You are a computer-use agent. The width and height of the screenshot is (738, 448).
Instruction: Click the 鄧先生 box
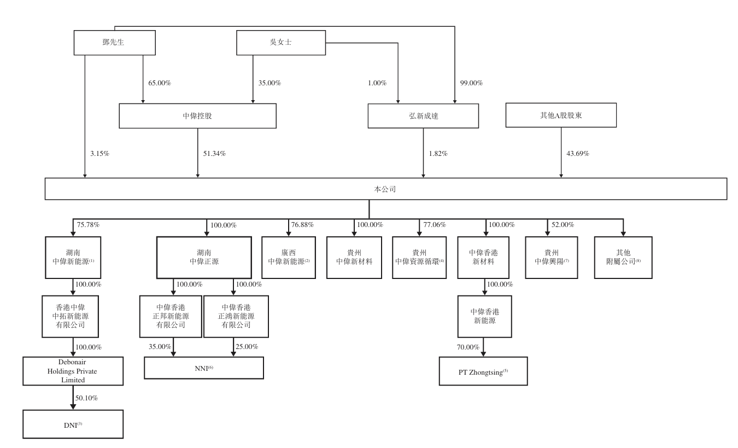[x=114, y=42]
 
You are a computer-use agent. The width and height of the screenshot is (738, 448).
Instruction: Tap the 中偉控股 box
[x=198, y=116]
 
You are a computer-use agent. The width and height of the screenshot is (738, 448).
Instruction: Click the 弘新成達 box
[x=423, y=116]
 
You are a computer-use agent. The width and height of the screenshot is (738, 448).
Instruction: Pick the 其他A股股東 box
[x=561, y=116]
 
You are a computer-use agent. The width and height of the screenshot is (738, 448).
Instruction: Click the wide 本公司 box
[x=385, y=188]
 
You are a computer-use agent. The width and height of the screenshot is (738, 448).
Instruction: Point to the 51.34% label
[x=214, y=154]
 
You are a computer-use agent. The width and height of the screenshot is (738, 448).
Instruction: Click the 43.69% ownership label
[x=578, y=154]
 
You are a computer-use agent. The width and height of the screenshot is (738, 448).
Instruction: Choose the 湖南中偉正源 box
[x=204, y=257]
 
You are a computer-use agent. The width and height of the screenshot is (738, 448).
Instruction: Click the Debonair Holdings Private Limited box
[x=73, y=371]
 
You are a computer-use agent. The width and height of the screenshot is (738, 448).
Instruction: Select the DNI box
[x=73, y=424]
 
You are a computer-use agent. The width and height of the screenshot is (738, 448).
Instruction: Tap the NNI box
[x=204, y=368]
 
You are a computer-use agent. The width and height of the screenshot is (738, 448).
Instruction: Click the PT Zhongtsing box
[x=484, y=371]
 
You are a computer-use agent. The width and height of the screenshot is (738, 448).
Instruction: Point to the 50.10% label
[x=87, y=398]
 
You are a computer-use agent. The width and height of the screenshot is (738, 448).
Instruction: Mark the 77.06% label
[x=435, y=225]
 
